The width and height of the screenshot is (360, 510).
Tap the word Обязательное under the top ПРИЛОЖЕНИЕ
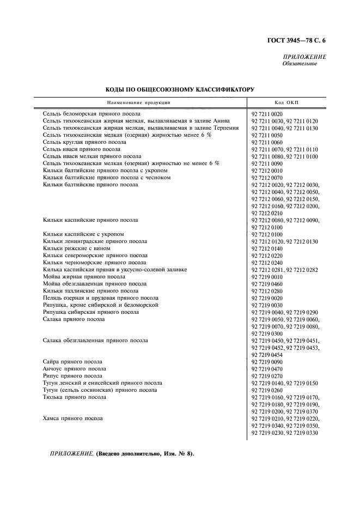coord(299,64)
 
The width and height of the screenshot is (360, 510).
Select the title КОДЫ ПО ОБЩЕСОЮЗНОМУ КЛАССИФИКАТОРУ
coord(180,89)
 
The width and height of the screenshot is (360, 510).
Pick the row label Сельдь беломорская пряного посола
coord(91,114)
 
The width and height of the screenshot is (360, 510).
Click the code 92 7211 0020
coord(267,114)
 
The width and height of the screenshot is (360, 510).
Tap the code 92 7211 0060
coord(267,142)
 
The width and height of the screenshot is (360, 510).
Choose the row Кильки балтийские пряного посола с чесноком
coord(101,178)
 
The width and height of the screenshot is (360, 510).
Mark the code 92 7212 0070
coord(267,178)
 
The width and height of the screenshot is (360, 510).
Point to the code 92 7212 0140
coord(267,248)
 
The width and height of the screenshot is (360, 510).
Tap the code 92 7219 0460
coord(267,284)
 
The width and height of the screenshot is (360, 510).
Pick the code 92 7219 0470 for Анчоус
coord(267,369)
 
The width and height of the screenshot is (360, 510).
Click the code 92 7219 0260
coord(267,390)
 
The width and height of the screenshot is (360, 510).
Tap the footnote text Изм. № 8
coord(173,453)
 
